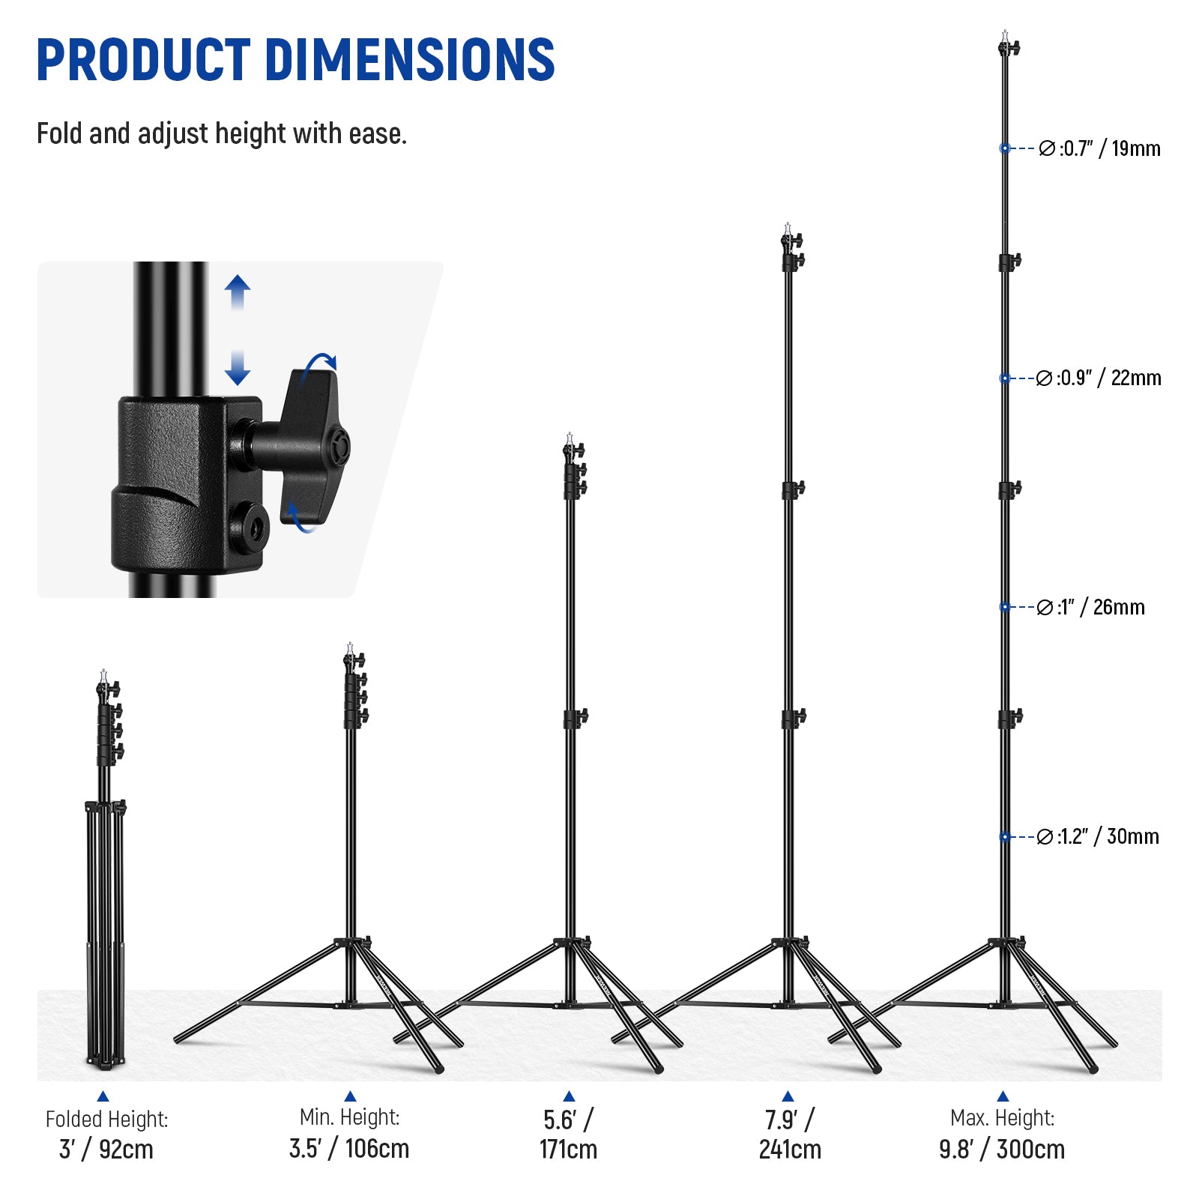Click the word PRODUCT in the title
click(x=142, y=59)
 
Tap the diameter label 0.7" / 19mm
click(x=1099, y=148)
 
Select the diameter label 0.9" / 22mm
click(x=1099, y=378)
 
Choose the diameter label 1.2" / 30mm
click(x=1098, y=836)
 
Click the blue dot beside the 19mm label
click(x=1005, y=148)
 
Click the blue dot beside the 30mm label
click(x=1005, y=836)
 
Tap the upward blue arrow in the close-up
click(x=238, y=292)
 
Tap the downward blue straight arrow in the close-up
click(x=238, y=368)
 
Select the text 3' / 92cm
click(x=106, y=1149)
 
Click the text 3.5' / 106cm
click(x=349, y=1148)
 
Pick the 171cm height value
click(x=568, y=1149)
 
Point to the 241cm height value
click(x=790, y=1149)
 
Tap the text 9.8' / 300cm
click(x=1002, y=1149)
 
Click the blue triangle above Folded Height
click(x=103, y=1096)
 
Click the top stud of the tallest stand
click(x=1005, y=36)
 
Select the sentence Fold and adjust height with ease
click(x=222, y=134)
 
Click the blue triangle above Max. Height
click(x=1003, y=1096)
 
